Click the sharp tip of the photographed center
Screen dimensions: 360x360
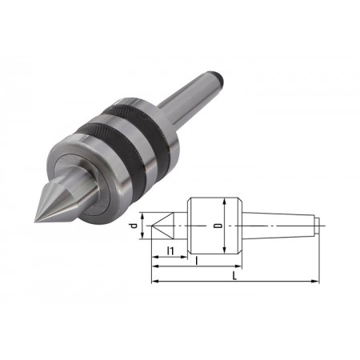35,221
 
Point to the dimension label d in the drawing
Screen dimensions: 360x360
134,226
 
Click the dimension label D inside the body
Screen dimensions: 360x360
218,226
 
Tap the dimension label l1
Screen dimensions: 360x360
170,250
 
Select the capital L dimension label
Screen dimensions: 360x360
234,276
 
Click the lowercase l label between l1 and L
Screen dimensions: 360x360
197,260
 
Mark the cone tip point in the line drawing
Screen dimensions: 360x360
152,226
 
